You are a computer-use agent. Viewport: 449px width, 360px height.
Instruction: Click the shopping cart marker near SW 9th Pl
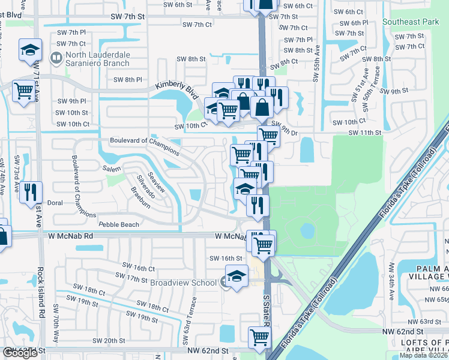23,92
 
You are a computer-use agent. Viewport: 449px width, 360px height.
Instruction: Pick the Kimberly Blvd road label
176,91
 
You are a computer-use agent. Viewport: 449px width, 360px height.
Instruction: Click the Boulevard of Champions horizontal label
144,141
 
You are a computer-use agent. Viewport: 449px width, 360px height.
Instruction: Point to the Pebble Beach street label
119,225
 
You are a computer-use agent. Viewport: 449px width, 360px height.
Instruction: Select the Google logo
20,353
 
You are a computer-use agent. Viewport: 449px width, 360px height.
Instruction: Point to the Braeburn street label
142,197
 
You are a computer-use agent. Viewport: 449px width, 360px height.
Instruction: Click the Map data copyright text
424,355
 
